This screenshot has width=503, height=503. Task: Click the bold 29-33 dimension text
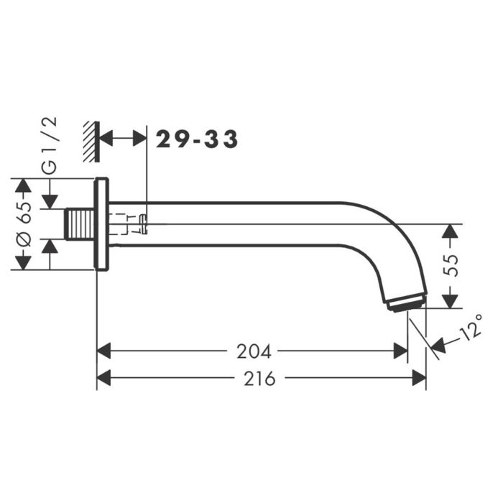pos(197,139)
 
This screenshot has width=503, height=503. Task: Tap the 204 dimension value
pos(254,351)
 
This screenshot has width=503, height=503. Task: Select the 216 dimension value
pos(259,379)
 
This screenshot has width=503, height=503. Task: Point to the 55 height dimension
pos(451,266)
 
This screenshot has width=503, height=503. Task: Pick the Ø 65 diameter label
pos(24,224)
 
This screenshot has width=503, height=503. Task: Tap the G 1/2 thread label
pos(50,145)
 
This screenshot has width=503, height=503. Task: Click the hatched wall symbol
pos(91,142)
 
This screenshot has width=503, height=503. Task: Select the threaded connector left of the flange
pos(80,224)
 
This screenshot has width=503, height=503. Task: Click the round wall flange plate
pos(101,223)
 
